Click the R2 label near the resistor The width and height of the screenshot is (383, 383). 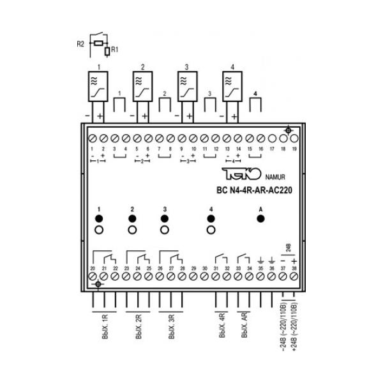(81, 44)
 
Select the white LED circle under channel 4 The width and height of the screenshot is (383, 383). (211, 230)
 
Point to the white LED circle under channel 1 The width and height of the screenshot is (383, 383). (99, 230)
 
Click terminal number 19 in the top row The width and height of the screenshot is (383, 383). (294, 138)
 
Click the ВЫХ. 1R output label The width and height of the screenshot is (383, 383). (105, 327)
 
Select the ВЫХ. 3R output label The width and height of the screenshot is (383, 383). (170, 327)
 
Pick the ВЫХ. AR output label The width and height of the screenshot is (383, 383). (244, 327)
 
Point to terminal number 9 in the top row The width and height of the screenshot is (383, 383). (182, 138)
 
